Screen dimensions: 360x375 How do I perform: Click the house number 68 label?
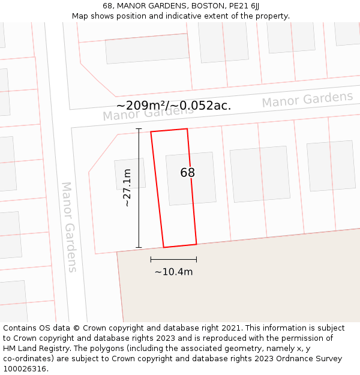click(187, 173)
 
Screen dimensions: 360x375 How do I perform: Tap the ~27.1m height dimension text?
click(127, 188)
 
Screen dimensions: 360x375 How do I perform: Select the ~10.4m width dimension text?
click(173, 272)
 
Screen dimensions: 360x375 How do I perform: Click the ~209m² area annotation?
click(173, 106)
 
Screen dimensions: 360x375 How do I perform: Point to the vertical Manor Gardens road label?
click(70, 227)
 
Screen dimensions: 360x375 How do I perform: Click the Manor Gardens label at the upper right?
click(307, 100)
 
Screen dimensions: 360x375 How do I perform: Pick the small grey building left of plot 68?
click(130, 174)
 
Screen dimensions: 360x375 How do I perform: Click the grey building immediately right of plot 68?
click(260, 174)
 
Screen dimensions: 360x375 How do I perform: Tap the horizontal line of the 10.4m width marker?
click(173, 259)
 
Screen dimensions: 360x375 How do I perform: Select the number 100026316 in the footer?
click(23, 369)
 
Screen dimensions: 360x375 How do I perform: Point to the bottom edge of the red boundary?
click(180, 245)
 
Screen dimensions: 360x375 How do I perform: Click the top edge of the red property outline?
click(169, 130)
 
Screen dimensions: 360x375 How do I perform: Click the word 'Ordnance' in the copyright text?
click(290, 359)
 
